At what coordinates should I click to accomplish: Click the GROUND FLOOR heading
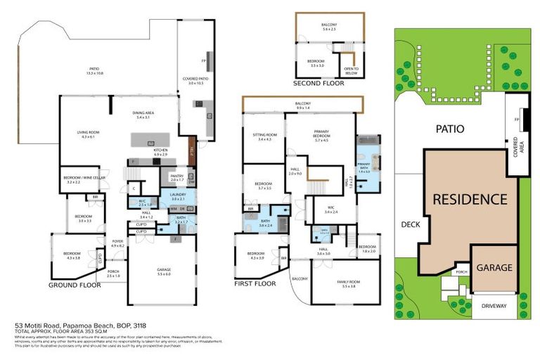[x=75, y=285]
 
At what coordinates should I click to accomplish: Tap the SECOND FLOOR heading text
[x=319, y=83]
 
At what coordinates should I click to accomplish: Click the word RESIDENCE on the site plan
[x=469, y=199]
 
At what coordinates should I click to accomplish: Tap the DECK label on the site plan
[x=410, y=225]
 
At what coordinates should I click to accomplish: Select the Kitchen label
[x=160, y=151]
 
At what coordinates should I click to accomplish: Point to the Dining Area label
[x=145, y=115]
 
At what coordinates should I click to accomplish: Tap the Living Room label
[x=87, y=134]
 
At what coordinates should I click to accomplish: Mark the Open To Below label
[x=350, y=69]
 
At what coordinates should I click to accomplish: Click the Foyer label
[x=117, y=243]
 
